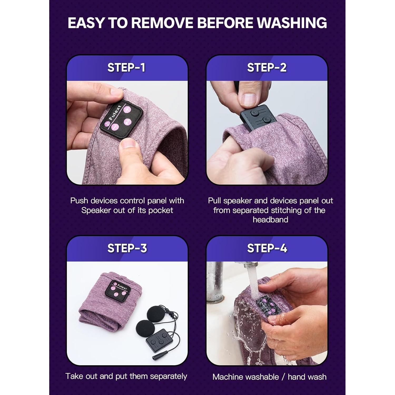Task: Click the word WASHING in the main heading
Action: pos(292,23)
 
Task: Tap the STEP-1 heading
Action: pos(126,68)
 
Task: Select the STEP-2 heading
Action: pos(267,68)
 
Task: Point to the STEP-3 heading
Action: pos(127,248)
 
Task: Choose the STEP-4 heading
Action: pos(267,248)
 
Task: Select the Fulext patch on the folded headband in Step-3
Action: pos(118,291)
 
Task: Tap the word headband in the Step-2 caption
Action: pos(270,220)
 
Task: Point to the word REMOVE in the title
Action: pos(162,23)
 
